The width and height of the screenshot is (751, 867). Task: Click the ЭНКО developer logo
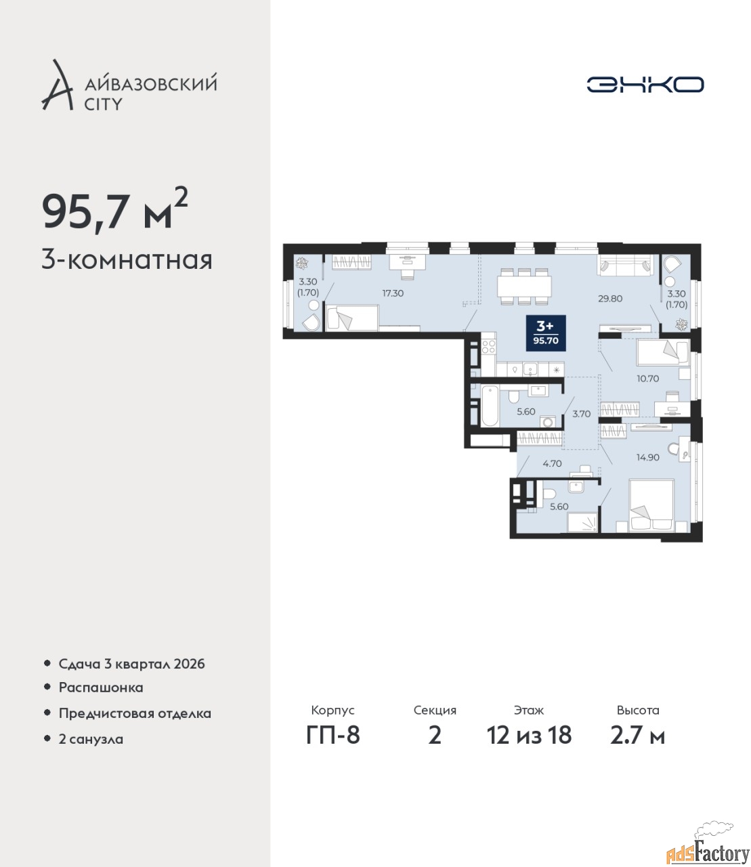[645, 84]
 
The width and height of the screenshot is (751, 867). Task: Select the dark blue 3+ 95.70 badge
[546, 333]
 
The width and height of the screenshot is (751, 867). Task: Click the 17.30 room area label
[393, 293]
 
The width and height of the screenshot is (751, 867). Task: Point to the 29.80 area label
[610, 299]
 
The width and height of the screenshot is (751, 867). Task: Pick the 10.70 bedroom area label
[648, 379]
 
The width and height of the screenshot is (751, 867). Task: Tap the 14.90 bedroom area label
[648, 457]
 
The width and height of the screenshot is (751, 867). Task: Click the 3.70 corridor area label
[582, 414]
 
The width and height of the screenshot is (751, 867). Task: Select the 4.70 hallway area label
[552, 463]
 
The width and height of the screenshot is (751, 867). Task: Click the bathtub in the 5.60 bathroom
[490, 406]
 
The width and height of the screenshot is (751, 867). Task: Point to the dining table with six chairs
[524, 287]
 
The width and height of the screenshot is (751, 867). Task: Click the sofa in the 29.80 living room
[626, 265]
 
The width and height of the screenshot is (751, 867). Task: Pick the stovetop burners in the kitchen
[488, 347]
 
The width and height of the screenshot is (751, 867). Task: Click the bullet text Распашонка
[101, 688]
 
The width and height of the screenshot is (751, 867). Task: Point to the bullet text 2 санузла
[91, 739]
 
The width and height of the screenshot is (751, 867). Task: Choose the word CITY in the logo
[104, 104]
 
